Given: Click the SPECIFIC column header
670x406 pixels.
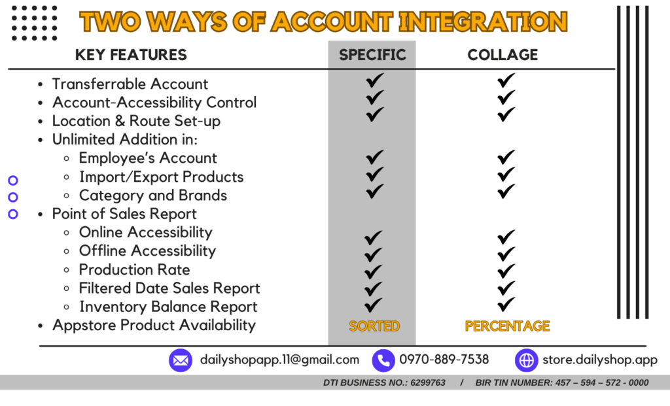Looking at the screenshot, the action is coord(372,55).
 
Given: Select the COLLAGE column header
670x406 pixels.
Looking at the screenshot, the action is coord(502,55).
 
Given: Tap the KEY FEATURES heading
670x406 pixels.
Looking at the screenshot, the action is coord(131,55).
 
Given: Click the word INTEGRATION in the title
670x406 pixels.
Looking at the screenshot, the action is coord(483,22).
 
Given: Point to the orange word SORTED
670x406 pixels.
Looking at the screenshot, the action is coord(374,326).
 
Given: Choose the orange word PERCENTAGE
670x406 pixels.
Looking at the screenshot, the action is coord(507,326).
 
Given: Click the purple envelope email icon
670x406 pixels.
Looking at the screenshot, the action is coord(181,360).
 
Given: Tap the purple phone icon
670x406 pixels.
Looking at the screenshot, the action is coord(383,360).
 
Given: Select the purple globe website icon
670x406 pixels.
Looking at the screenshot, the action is coord(526,360).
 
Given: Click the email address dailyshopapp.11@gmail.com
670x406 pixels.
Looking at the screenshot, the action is coord(279,360).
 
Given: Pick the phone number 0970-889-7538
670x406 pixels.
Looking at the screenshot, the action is coord(444,360).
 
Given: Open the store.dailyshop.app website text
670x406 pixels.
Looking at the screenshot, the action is coord(600,360).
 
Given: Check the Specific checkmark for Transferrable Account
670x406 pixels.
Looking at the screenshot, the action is coord(375,80).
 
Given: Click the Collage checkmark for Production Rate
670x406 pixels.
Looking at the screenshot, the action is coord(506,271).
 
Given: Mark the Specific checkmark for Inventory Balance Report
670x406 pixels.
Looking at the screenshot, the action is coord(373,305).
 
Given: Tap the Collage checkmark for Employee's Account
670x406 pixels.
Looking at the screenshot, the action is coord(506,157).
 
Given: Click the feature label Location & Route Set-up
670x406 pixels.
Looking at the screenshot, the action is coord(136,121).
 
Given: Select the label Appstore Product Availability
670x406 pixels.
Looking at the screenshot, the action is coord(154,326).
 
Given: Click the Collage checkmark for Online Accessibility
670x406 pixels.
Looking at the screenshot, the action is coord(506,237).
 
